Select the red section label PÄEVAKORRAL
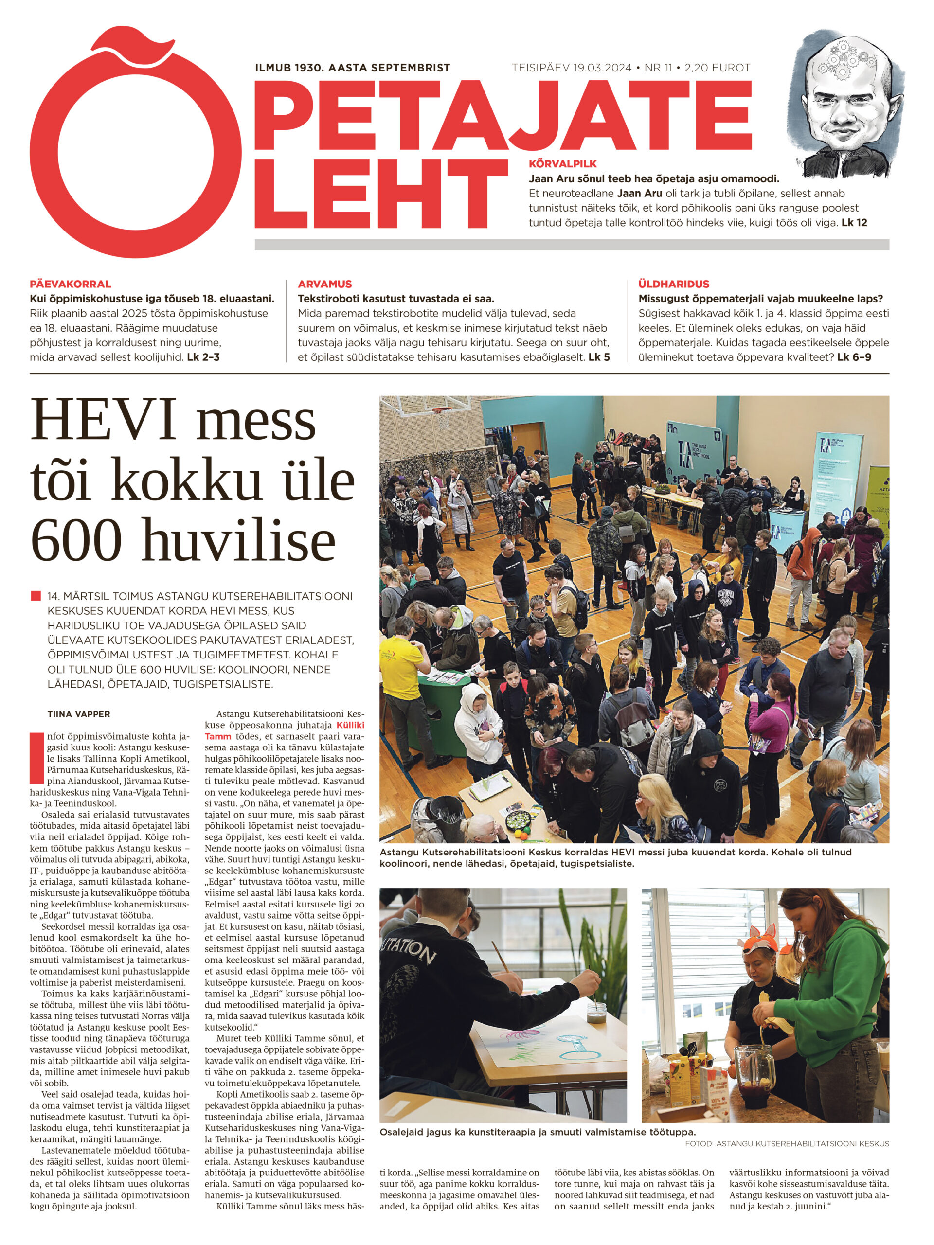pyautogui.click(x=71, y=284)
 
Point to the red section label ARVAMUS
pyautogui.click(x=325, y=284)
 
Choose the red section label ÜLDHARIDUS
pyautogui.click(x=673, y=284)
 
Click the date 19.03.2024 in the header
pyautogui.click(x=602, y=68)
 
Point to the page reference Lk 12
pyautogui.click(x=854, y=222)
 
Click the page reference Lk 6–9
pyautogui.click(x=854, y=357)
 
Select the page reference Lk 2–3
pyautogui.click(x=203, y=357)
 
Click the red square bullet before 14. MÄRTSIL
pyautogui.click(x=36, y=595)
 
